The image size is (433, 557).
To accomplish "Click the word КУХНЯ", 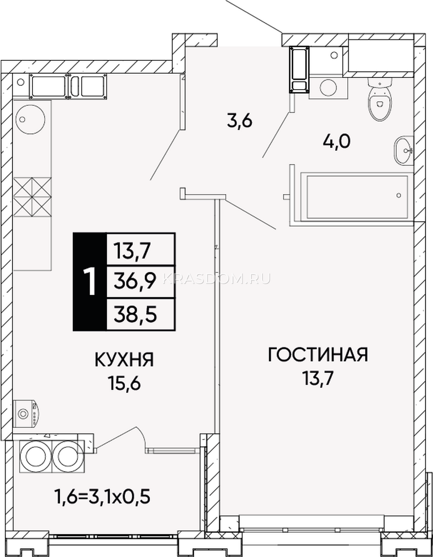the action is [124, 360].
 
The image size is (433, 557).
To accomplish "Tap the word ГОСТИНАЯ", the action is [318, 355].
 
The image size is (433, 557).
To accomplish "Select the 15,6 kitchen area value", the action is [125, 384].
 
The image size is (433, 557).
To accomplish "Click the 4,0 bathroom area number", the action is [337, 142].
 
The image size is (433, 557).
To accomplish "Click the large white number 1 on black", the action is [89, 281].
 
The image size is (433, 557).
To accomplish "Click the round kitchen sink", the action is [30, 119].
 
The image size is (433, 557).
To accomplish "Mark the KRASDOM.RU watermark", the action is [216, 279].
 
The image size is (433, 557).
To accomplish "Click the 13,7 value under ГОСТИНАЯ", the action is [318, 378].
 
